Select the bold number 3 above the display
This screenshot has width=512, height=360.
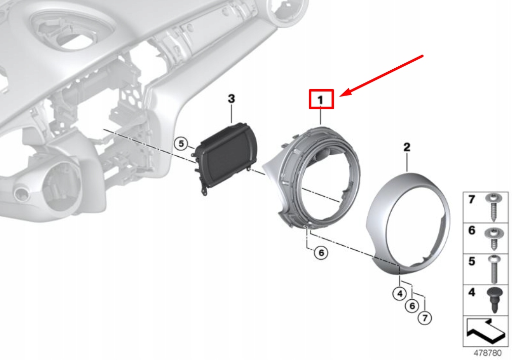(x=231, y=99)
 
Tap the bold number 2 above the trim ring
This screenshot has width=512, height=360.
(x=406, y=148)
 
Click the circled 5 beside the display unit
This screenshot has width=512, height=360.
(x=181, y=144)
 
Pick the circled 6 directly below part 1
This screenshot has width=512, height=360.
(x=320, y=252)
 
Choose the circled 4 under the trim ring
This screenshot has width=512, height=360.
(x=399, y=292)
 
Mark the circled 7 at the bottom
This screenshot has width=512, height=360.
(x=425, y=318)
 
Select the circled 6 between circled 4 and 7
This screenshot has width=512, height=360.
(x=412, y=305)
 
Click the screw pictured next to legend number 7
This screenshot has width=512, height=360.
(x=492, y=206)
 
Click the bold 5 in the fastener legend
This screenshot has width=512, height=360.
(x=472, y=262)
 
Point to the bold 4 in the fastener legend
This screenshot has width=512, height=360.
(x=472, y=293)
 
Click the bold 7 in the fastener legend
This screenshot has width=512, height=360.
(x=472, y=200)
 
